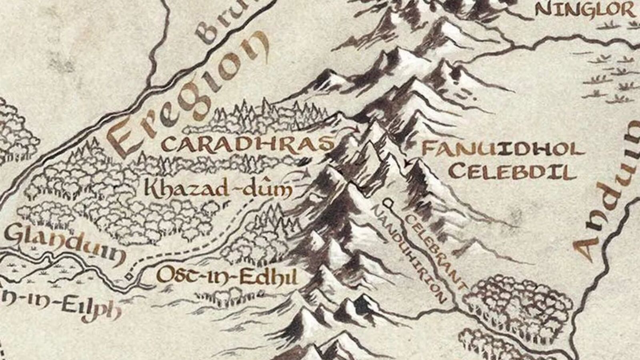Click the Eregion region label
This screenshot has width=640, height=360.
point(188,96)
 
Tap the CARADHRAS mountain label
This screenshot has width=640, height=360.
point(248,144)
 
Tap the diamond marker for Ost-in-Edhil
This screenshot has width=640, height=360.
point(128,276)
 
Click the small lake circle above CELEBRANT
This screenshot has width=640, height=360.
point(388,202)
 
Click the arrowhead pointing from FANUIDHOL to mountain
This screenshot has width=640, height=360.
point(407,163)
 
